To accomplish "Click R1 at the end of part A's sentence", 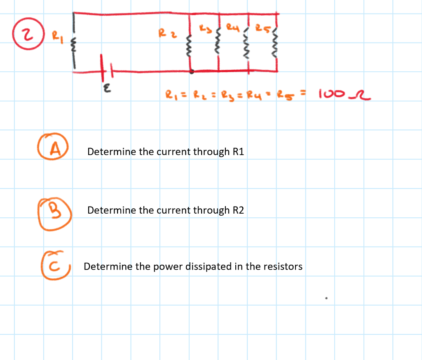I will pyautogui.click(x=239, y=152).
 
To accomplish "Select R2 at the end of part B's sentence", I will pyautogui.click(x=239, y=210).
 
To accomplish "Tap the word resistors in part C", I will pyautogui.click(x=281, y=266).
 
